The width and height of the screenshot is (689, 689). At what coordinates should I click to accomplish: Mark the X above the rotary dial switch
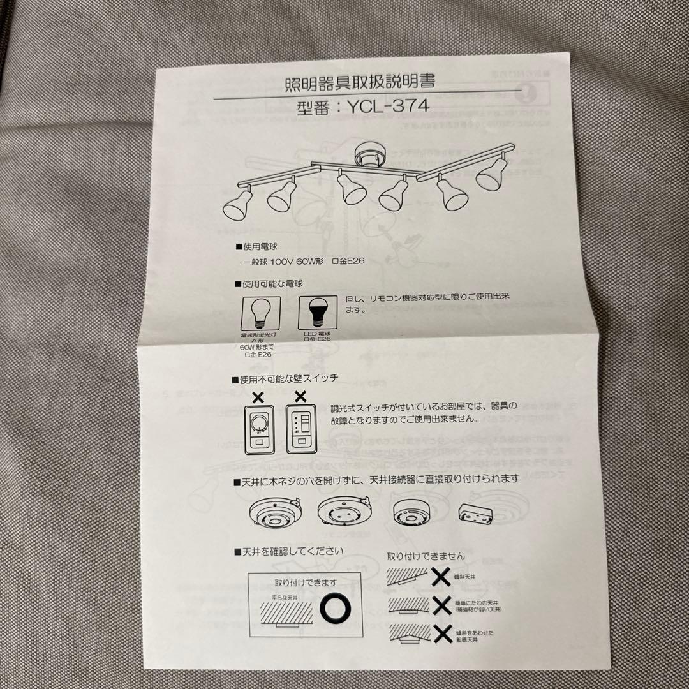[258, 396]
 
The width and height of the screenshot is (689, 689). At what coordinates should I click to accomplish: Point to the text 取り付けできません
[426, 556]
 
